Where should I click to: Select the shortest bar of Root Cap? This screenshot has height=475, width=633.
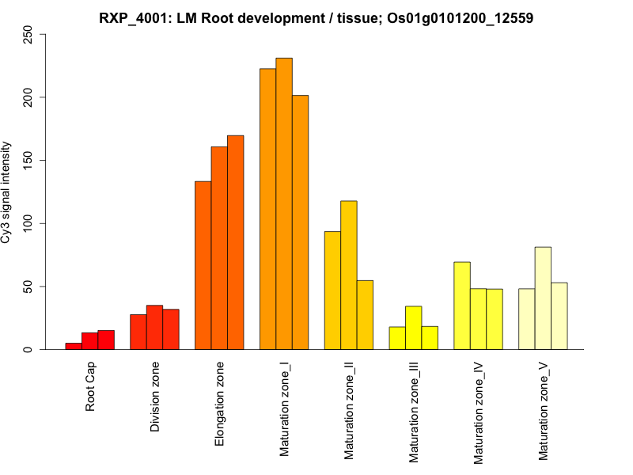point(74,346)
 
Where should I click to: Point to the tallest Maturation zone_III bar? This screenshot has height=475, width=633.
point(414,328)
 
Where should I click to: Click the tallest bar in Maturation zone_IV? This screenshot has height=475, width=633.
point(462,306)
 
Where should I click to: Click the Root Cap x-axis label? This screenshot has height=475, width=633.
point(90,386)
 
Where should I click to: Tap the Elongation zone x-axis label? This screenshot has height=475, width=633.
point(220,404)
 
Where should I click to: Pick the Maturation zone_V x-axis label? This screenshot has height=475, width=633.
point(544,411)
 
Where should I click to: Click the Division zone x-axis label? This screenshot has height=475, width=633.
point(155,397)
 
